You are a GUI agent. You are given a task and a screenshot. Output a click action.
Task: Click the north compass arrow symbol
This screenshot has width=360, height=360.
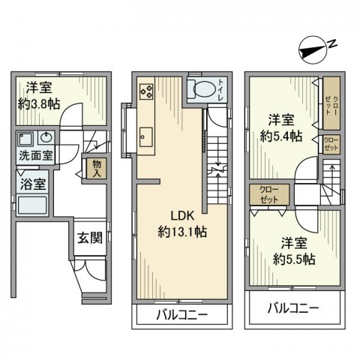click(x=311, y=50)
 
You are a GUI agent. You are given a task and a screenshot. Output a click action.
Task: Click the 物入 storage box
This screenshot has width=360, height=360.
click(x=97, y=168)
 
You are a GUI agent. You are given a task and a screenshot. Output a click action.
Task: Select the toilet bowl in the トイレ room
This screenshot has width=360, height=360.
click(x=201, y=90)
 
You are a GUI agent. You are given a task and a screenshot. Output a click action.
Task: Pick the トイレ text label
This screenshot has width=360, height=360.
click(x=219, y=89)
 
